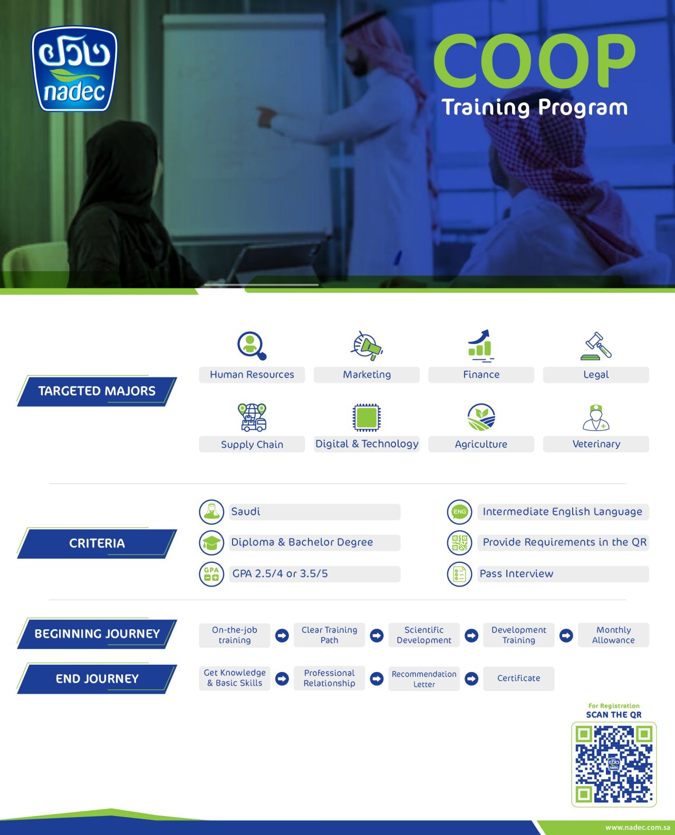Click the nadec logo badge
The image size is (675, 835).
[x=74, y=69]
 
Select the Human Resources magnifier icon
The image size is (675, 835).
[x=252, y=345]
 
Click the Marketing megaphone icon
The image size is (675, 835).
[x=367, y=345]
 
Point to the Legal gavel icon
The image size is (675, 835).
[x=596, y=345]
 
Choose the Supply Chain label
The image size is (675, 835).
[x=252, y=444]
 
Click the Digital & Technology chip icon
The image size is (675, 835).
[x=367, y=417]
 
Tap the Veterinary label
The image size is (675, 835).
[x=596, y=444]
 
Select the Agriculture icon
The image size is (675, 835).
[x=481, y=417]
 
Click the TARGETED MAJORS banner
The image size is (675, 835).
[x=97, y=391]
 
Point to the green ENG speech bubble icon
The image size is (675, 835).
[x=459, y=512]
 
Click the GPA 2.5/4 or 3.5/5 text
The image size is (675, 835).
[x=280, y=573]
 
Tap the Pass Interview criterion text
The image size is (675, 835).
[x=516, y=573]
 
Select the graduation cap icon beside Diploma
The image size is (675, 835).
[x=211, y=543]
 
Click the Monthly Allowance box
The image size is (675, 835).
[x=613, y=635]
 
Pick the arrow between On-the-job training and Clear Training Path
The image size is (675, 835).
[x=282, y=635]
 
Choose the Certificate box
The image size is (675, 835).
[x=518, y=678]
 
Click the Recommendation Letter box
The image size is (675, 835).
[x=424, y=678]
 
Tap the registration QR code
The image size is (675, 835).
[x=614, y=764]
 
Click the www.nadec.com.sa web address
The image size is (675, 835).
[x=638, y=827]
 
